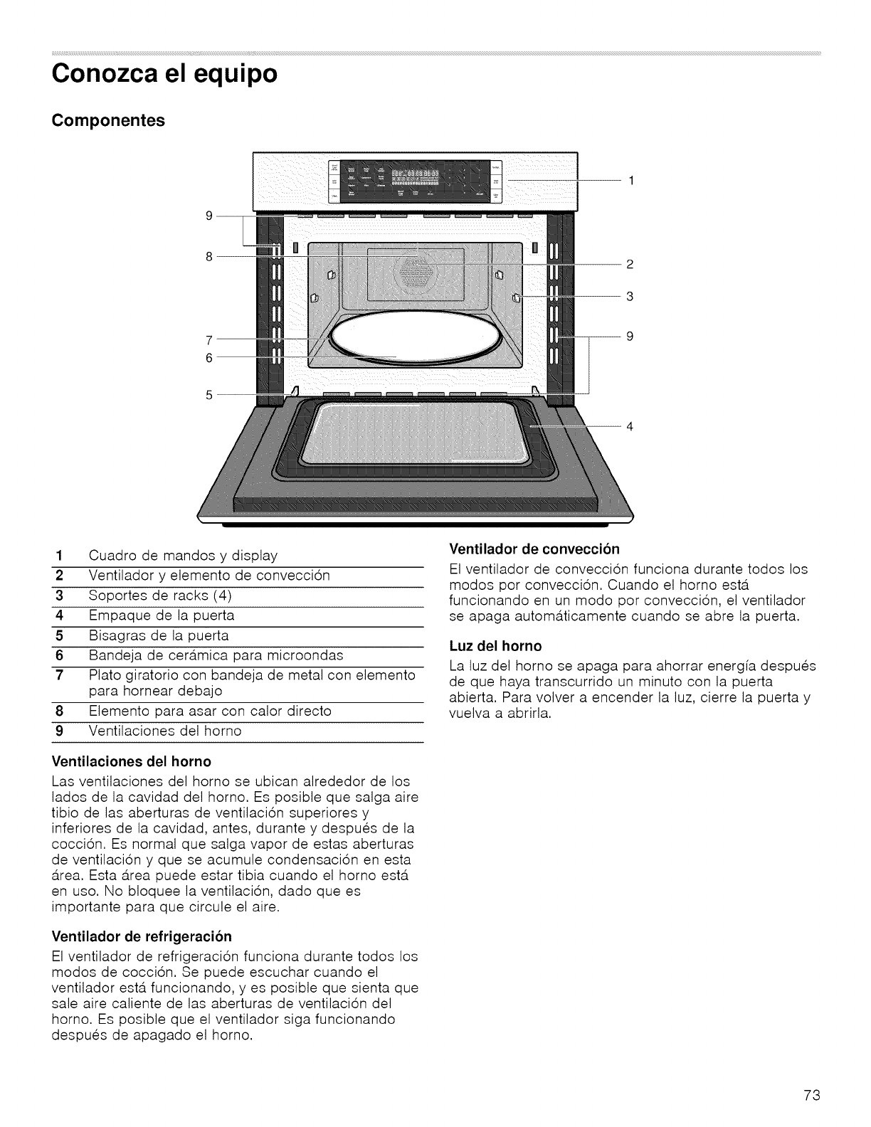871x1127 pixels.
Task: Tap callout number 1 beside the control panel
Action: [x=630, y=181]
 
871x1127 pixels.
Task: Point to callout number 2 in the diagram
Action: [x=629, y=265]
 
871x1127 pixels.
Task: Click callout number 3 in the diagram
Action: [x=629, y=296]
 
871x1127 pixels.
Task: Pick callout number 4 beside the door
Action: [x=629, y=426]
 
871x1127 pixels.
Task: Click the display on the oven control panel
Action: [x=416, y=174]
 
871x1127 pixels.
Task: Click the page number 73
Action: [x=813, y=1095]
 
